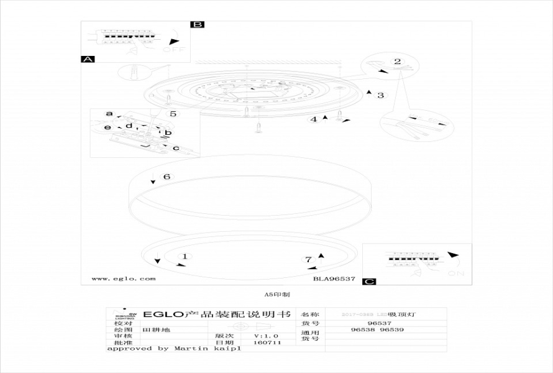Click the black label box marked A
pos(88,59)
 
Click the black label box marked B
pos(197,25)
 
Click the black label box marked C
pos(370,282)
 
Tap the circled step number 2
pos(397,62)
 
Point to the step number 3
pos(381,95)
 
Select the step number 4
pos(314,119)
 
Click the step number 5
pos(173,114)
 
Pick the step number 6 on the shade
pos(167,177)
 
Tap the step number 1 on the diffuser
pos(184,256)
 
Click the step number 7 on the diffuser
pos(308,260)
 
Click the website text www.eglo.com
pos(124,279)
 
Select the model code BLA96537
pos(334,279)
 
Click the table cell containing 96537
pos(379,323)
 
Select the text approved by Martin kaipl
pos(174,349)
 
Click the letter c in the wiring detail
pos(176,148)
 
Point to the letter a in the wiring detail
pos(109,114)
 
